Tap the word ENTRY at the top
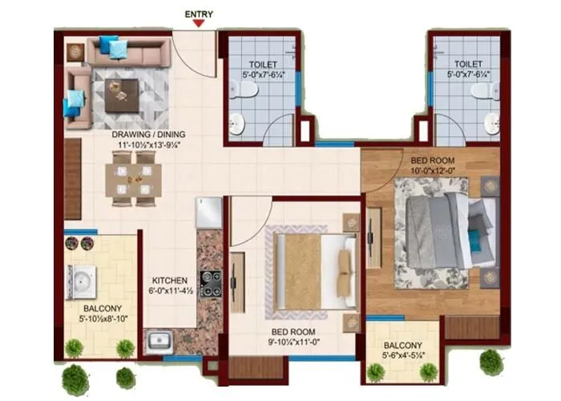[199, 14]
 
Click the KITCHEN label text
[169, 281]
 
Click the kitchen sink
[159, 341]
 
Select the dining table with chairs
[133, 179]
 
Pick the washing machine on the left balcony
[82, 282]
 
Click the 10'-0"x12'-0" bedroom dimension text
[434, 170]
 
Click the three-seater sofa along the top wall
[128, 52]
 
